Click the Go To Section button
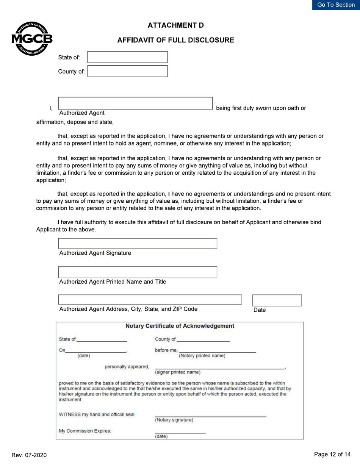pyautogui.click(x=336, y=5)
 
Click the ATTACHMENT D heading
pyautogui.click(x=175, y=25)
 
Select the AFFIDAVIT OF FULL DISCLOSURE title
pyautogui.click(x=175, y=40)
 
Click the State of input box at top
pyautogui.click(x=127, y=57)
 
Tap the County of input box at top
pyautogui.click(x=127, y=71)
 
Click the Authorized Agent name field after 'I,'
pyautogui.click(x=135, y=103)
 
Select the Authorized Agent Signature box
pyautogui.click(x=137, y=244)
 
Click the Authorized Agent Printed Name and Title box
pyautogui.click(x=137, y=272)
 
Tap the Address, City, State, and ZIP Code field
pyautogui.click(x=150, y=300)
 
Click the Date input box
pyautogui.click(x=277, y=300)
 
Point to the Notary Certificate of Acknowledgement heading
pyautogui.click(x=180, y=326)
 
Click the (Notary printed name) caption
pyautogui.click(x=202, y=356)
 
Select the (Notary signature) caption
pyautogui.click(x=174, y=420)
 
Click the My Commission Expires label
pyautogui.click(x=85, y=431)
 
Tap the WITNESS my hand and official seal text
pyautogui.click(x=97, y=414)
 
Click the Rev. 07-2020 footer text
pyautogui.click(x=29, y=455)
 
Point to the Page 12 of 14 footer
pyautogui.click(x=332, y=454)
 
